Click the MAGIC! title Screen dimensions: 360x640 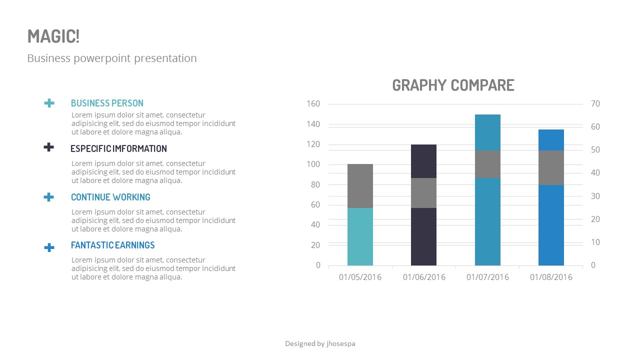pyautogui.click(x=53, y=36)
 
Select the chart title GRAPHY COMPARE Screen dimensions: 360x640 pyautogui.click(x=453, y=85)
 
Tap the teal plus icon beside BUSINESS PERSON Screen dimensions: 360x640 pyautogui.click(x=49, y=103)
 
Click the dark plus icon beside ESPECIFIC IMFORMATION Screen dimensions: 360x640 pyautogui.click(x=48, y=147)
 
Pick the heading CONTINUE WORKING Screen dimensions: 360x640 pyautogui.click(x=110, y=197)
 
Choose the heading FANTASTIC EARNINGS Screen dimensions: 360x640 pyautogui.click(x=112, y=245)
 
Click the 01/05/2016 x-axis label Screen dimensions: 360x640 pyautogui.click(x=360, y=277)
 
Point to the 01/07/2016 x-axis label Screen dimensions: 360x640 pyautogui.click(x=487, y=277)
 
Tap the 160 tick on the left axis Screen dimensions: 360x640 pyautogui.click(x=313, y=104)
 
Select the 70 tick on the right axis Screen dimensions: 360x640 pyautogui.click(x=595, y=104)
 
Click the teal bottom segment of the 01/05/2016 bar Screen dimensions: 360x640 pyautogui.click(x=360, y=236)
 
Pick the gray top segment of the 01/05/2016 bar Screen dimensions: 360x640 pyautogui.click(x=360, y=186)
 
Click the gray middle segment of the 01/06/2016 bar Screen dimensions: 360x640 pyautogui.click(x=423, y=193)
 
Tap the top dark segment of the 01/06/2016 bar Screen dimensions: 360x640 pyautogui.click(x=423, y=161)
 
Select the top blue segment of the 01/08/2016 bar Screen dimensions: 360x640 pyautogui.click(x=551, y=140)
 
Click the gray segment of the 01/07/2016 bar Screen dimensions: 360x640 pyautogui.click(x=487, y=164)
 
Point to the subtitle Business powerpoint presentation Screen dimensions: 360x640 pyautogui.click(x=112, y=58)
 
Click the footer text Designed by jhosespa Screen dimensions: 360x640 pyautogui.click(x=320, y=343)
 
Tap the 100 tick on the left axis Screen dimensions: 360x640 pyautogui.click(x=313, y=164)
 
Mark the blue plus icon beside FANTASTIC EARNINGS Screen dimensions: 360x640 pyautogui.click(x=49, y=247)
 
